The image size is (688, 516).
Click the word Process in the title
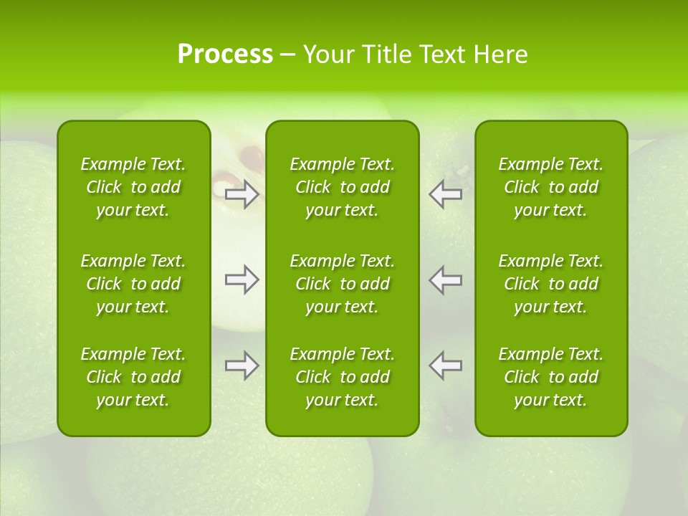(x=225, y=54)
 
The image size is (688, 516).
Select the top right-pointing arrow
(x=242, y=194)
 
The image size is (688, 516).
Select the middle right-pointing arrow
(x=242, y=279)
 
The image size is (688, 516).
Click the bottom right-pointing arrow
(x=242, y=365)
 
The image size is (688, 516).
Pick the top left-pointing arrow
(x=446, y=194)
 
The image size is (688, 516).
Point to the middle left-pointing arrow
(x=446, y=279)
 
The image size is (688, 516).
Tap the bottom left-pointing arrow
(x=446, y=365)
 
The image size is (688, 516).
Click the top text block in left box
(x=133, y=187)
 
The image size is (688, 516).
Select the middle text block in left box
(x=133, y=284)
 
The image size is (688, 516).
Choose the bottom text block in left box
(x=133, y=377)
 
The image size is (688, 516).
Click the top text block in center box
(x=343, y=187)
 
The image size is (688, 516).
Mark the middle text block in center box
(x=343, y=284)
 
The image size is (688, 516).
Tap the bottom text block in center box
(x=343, y=377)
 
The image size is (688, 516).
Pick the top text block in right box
(x=551, y=187)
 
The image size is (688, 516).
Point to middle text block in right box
(x=551, y=284)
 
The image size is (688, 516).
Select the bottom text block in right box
(x=551, y=377)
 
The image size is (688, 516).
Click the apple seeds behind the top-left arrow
(x=251, y=154)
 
